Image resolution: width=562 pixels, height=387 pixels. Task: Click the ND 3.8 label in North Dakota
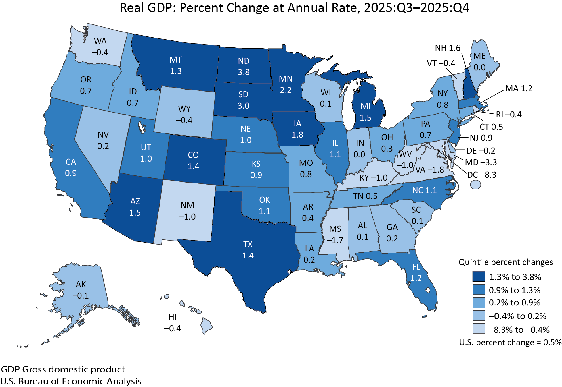tap(244, 67)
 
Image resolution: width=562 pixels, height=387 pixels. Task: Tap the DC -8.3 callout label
tap(482, 175)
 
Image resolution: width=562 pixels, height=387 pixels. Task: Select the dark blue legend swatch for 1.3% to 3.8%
tap(479, 276)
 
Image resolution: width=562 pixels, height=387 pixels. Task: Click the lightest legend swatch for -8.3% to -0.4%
tap(479, 329)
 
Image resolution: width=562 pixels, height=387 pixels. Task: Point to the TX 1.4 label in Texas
tap(248, 250)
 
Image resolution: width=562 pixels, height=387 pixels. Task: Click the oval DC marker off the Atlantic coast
tap(475, 185)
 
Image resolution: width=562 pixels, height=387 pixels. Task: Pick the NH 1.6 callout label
tap(448, 48)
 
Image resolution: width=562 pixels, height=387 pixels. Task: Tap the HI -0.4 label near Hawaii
tap(172, 323)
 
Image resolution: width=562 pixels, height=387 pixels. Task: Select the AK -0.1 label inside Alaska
tap(81, 290)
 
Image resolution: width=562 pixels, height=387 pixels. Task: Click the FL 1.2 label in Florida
tap(416, 272)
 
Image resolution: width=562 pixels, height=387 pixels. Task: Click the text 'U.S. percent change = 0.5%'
tap(510, 342)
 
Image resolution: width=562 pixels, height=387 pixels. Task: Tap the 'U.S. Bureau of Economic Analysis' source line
tap(71, 381)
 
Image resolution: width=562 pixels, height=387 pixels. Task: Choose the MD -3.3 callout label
tap(481, 162)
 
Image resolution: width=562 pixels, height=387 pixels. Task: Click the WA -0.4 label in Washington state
tap(100, 47)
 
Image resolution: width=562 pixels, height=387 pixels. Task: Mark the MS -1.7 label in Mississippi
tap(335, 235)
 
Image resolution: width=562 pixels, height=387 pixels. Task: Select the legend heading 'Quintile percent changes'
tap(506, 262)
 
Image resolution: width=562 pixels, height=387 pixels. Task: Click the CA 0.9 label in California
tap(71, 167)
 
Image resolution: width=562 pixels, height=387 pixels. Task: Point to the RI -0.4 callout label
tap(509, 115)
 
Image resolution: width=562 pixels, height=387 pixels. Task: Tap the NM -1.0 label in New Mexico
tap(187, 211)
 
